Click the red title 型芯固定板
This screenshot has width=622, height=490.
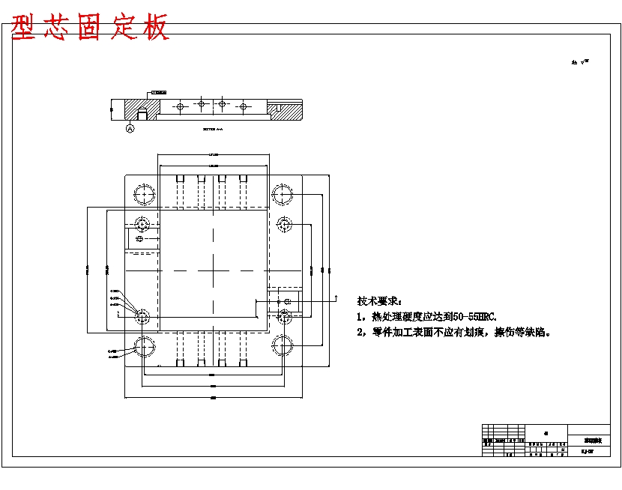[91, 27]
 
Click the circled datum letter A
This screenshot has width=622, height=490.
[130, 129]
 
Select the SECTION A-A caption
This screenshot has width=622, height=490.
[213, 129]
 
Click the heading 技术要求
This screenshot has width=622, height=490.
[380, 300]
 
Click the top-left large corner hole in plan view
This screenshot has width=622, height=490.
[144, 194]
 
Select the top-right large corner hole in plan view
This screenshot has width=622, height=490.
[283, 194]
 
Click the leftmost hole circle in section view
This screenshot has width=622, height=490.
[180, 107]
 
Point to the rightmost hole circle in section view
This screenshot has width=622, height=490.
[243, 107]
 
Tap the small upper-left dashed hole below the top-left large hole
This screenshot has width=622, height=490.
[142, 224]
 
